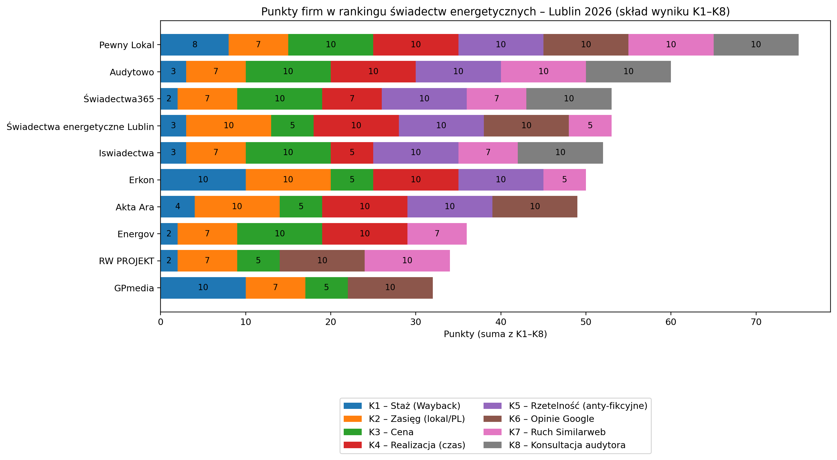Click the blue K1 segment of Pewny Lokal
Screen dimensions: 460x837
point(194,45)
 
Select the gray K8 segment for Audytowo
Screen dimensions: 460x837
point(628,71)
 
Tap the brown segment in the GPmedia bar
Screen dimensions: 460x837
point(390,287)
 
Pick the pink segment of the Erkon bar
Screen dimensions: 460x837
point(564,180)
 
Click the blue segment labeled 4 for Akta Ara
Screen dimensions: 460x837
point(177,207)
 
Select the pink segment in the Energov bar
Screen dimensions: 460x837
point(437,234)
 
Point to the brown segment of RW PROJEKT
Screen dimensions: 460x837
point(322,261)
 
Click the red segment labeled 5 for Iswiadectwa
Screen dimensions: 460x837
point(352,152)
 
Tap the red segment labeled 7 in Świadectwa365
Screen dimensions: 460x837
point(352,99)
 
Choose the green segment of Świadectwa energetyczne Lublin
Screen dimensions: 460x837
point(292,126)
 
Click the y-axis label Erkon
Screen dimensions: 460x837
point(141,180)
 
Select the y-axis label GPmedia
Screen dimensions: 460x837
point(134,288)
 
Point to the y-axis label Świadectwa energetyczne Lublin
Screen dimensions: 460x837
point(80,126)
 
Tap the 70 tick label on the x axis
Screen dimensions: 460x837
point(756,322)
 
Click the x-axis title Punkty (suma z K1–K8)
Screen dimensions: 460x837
point(495,334)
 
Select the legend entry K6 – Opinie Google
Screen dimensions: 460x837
point(551,419)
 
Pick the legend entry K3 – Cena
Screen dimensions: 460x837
point(391,432)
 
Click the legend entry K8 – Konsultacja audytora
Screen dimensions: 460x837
point(567,445)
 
